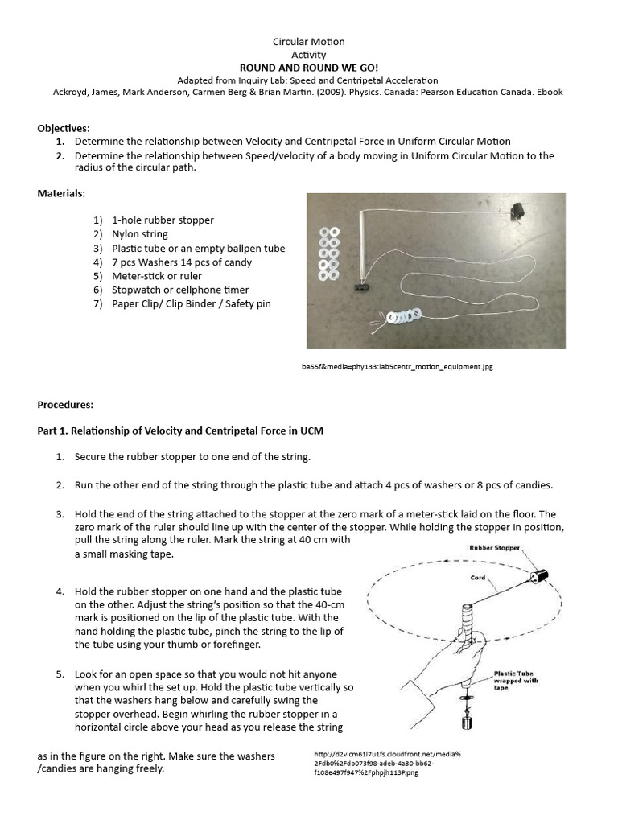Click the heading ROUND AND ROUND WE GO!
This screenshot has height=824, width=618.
(308, 68)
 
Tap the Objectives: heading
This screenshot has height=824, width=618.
(64, 128)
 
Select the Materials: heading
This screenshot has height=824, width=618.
(61, 193)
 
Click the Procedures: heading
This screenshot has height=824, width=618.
(65, 404)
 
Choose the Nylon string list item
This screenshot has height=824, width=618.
(140, 234)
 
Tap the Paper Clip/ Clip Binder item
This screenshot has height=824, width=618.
(192, 304)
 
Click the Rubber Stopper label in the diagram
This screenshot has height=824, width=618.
(495, 548)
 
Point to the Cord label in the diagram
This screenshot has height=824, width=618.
(478, 578)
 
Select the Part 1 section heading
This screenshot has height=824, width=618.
(180, 431)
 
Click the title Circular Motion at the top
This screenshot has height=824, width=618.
(309, 41)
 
